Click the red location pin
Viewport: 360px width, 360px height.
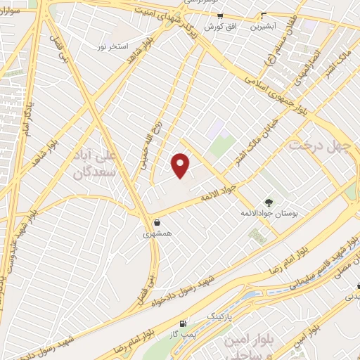click(x=181, y=165)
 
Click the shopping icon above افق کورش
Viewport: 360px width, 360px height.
click(x=221, y=15)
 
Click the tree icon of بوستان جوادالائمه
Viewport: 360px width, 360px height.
click(x=267, y=202)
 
